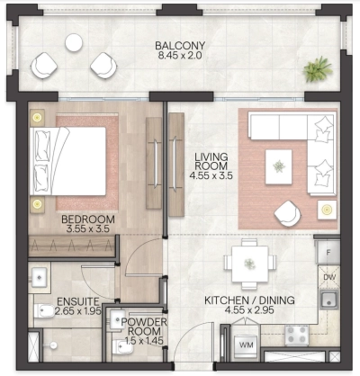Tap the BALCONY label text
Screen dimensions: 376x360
pyautogui.click(x=179, y=47)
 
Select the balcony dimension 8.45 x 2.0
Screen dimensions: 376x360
pyautogui.click(x=179, y=58)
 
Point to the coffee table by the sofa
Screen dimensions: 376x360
pyautogui.click(x=281, y=163)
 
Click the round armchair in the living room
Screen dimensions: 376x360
pyautogui.click(x=288, y=213)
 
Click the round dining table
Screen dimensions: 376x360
pyautogui.click(x=247, y=262)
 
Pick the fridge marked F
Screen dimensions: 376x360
pyautogui.click(x=329, y=254)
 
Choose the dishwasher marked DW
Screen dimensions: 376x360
pyautogui.click(x=329, y=277)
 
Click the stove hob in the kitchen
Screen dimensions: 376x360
pyautogui.click(x=298, y=335)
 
